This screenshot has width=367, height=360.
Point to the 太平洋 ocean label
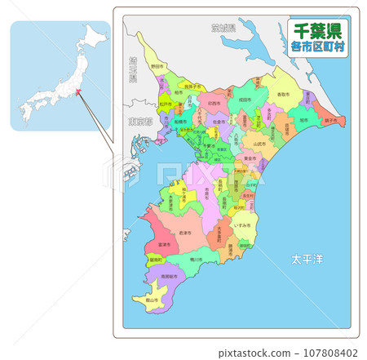tap(307, 259)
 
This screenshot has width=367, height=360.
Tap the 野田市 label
tap(157, 65)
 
